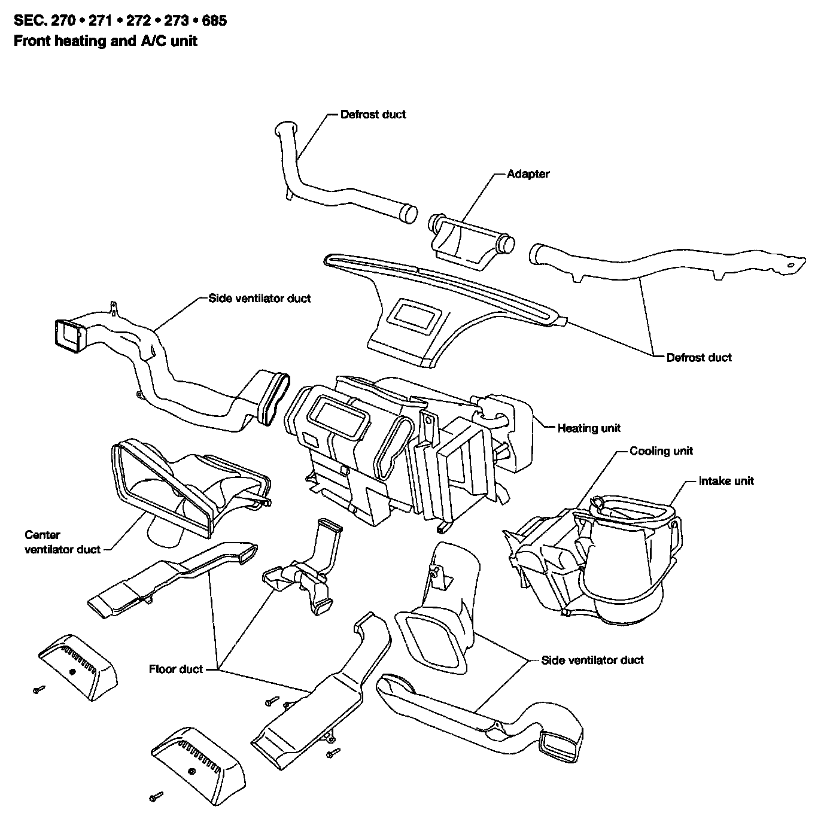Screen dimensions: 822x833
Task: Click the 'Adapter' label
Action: coord(528,174)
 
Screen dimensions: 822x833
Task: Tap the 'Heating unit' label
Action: coord(589,428)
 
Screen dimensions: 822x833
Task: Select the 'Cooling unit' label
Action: coord(661,450)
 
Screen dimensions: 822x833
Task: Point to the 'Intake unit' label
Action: coord(726,480)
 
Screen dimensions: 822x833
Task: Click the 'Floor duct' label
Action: coord(176,669)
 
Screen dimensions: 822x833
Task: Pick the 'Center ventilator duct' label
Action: coord(63,542)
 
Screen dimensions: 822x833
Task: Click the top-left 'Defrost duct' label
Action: coord(373,114)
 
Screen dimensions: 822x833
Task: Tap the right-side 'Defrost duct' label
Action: coord(699,358)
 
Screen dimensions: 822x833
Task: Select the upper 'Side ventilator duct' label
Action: coord(260,298)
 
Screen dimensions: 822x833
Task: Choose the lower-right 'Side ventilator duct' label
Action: coord(592,660)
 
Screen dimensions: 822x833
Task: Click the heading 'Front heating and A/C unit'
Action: coord(105,41)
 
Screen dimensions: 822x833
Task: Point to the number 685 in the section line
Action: coord(214,21)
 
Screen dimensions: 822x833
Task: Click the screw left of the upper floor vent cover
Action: coord(39,689)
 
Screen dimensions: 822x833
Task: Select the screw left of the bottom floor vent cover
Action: coord(157,796)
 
